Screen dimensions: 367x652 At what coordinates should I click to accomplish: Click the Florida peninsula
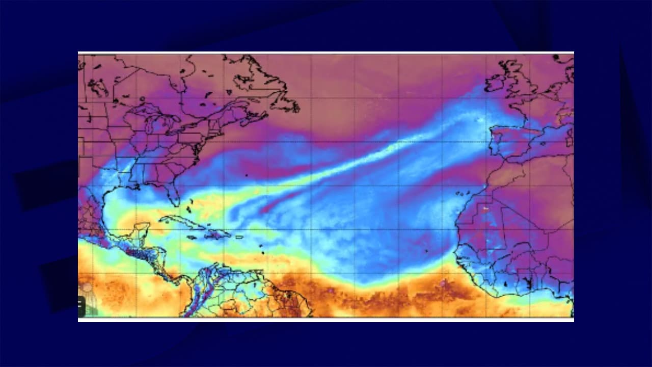click(173, 194)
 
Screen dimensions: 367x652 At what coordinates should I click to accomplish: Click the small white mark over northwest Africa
click(485, 208)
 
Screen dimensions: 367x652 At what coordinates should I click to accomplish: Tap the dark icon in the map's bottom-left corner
click(80, 305)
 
